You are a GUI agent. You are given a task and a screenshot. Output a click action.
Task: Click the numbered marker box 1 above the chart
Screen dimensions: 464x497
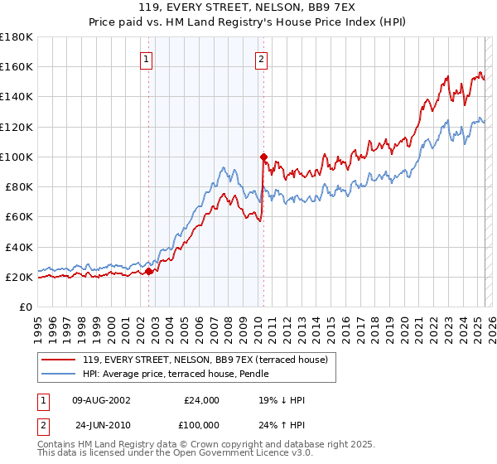146,59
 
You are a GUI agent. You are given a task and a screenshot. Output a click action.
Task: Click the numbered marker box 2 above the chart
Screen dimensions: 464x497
261,59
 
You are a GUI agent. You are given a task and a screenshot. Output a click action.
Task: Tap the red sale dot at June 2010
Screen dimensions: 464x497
263,156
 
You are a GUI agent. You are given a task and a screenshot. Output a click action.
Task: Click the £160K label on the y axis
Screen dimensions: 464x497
17,66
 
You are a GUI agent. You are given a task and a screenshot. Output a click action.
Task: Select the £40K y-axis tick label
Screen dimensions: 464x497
19,247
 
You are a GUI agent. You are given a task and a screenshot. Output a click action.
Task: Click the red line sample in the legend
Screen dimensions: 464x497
58,360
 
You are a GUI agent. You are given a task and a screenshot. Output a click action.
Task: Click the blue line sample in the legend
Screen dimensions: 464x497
58,374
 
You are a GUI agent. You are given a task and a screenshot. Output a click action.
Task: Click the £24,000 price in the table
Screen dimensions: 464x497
201,400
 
